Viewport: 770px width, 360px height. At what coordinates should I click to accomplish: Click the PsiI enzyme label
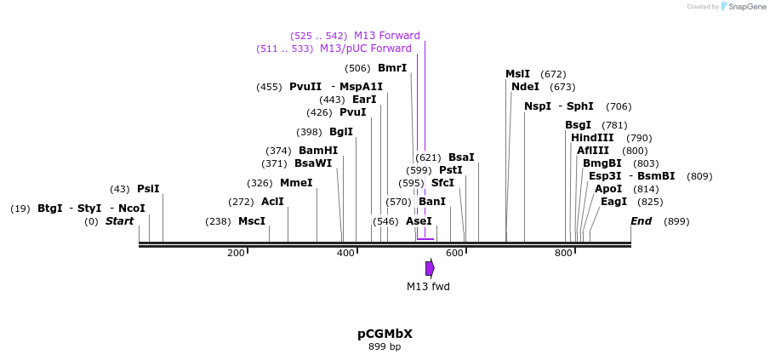(148, 189)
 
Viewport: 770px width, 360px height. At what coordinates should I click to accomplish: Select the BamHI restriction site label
(318, 151)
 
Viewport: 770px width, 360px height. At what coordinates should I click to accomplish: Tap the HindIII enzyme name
(591, 138)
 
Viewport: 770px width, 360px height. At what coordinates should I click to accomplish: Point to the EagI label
(613, 202)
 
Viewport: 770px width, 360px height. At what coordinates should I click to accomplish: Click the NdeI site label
(525, 87)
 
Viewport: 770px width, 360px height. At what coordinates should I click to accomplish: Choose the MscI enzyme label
(252, 221)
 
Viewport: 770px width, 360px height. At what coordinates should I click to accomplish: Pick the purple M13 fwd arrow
(431, 268)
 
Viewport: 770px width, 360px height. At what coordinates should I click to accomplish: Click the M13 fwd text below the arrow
(428, 286)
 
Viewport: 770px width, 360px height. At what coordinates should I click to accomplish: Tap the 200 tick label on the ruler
(236, 253)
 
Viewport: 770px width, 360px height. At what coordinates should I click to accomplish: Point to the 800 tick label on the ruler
(563, 253)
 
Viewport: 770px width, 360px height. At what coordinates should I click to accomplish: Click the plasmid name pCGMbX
(385, 334)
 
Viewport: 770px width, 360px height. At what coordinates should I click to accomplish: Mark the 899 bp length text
(385, 346)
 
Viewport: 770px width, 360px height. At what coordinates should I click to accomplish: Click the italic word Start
(119, 221)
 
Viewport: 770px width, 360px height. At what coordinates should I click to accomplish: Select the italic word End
(642, 221)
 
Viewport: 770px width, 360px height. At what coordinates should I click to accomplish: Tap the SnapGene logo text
(747, 7)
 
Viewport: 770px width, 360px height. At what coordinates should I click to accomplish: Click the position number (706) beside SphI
(619, 106)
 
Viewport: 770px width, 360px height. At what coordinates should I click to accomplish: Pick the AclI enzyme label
(272, 202)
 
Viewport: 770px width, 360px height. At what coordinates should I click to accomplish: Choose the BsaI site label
(462, 157)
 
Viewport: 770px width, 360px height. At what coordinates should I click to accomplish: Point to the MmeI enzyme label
(296, 183)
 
